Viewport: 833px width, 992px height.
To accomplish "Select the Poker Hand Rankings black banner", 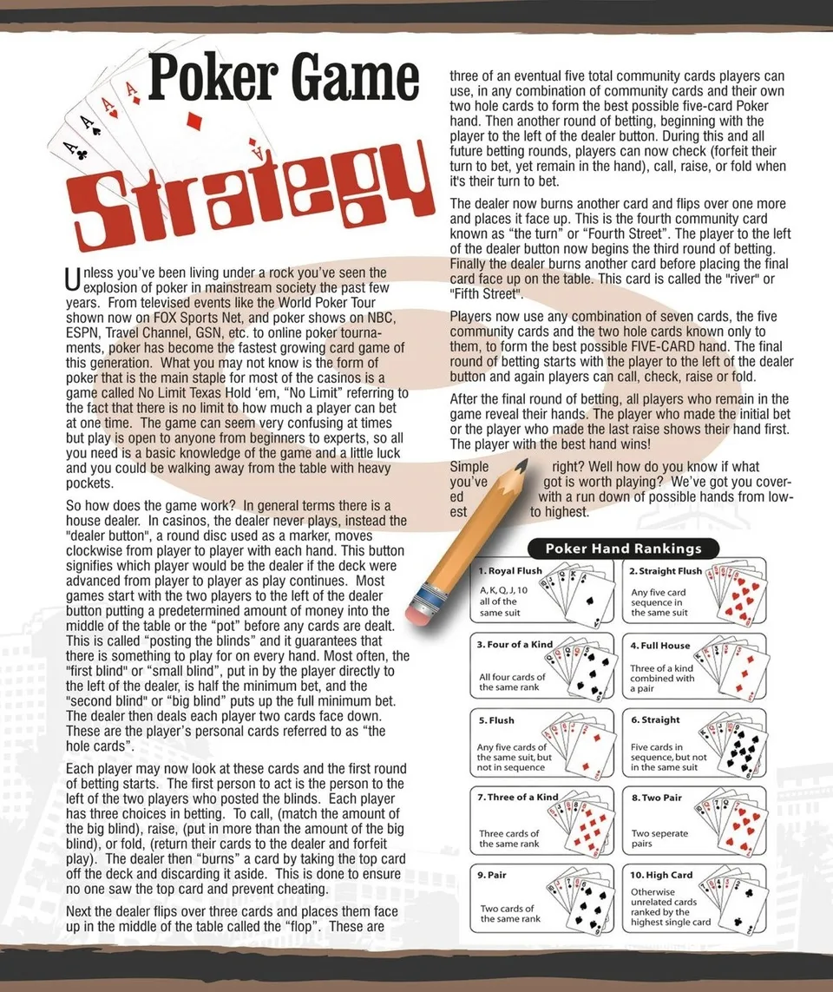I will pos(622,549).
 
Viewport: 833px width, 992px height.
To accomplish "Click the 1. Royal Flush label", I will pos(510,571).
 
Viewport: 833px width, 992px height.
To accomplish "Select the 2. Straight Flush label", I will pos(666,571).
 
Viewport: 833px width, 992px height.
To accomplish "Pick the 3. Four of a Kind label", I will pos(515,646).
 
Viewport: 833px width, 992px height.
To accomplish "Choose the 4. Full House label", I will pos(660,646).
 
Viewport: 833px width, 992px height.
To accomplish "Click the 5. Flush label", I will pos(496,720).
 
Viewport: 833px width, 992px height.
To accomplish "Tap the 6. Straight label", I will pos(655,720).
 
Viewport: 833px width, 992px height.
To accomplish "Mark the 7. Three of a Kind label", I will pos(518,797).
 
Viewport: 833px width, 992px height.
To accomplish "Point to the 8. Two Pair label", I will pos(656,797).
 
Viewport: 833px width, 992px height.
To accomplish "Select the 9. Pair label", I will pos(493,875).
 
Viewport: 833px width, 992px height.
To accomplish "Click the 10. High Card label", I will pos(661,875).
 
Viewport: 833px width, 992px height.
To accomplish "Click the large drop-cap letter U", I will pos(73,279).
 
